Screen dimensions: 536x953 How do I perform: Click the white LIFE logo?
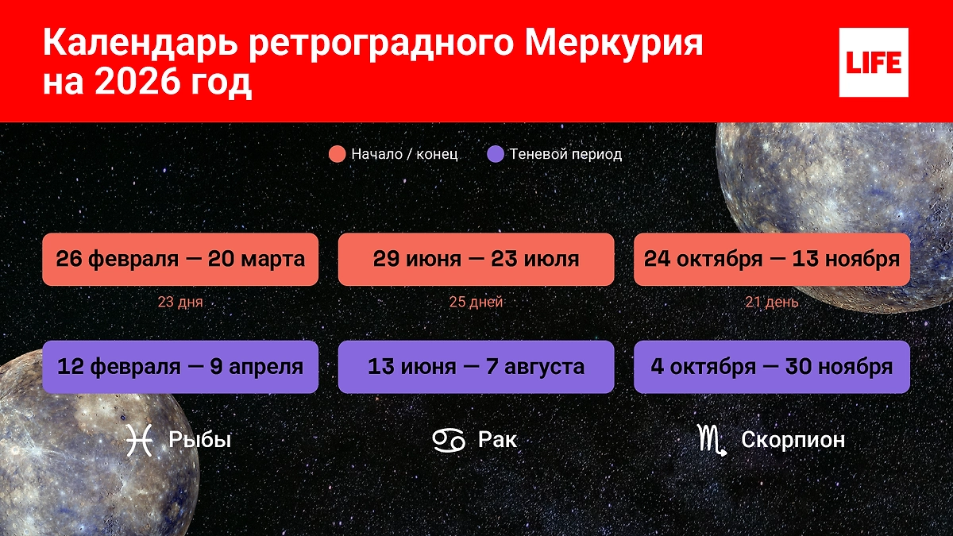point(873,62)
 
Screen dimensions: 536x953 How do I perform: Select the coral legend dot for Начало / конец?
point(337,154)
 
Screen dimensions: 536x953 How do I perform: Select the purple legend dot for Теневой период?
point(494,154)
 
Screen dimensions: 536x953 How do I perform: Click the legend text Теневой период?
point(565,154)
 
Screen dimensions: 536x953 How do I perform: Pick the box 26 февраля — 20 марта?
point(180,259)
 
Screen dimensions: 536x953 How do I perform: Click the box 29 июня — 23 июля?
point(476,259)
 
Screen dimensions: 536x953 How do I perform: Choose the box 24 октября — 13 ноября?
point(771,259)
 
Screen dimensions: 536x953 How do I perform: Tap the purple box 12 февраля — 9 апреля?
point(180,367)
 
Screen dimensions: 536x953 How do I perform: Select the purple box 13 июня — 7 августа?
point(476,367)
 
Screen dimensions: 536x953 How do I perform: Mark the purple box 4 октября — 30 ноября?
point(771,367)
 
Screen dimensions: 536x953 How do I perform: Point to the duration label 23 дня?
point(180,302)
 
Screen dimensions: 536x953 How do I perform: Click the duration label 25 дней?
point(476,302)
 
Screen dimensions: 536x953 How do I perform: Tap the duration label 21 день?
point(771,302)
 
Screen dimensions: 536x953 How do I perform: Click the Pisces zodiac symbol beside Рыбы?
point(139,439)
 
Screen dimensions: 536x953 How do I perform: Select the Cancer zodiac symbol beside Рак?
point(448,439)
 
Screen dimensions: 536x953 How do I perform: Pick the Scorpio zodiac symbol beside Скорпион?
point(712,439)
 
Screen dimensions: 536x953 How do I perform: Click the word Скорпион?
point(793,439)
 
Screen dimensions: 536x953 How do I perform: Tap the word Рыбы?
point(199,439)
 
